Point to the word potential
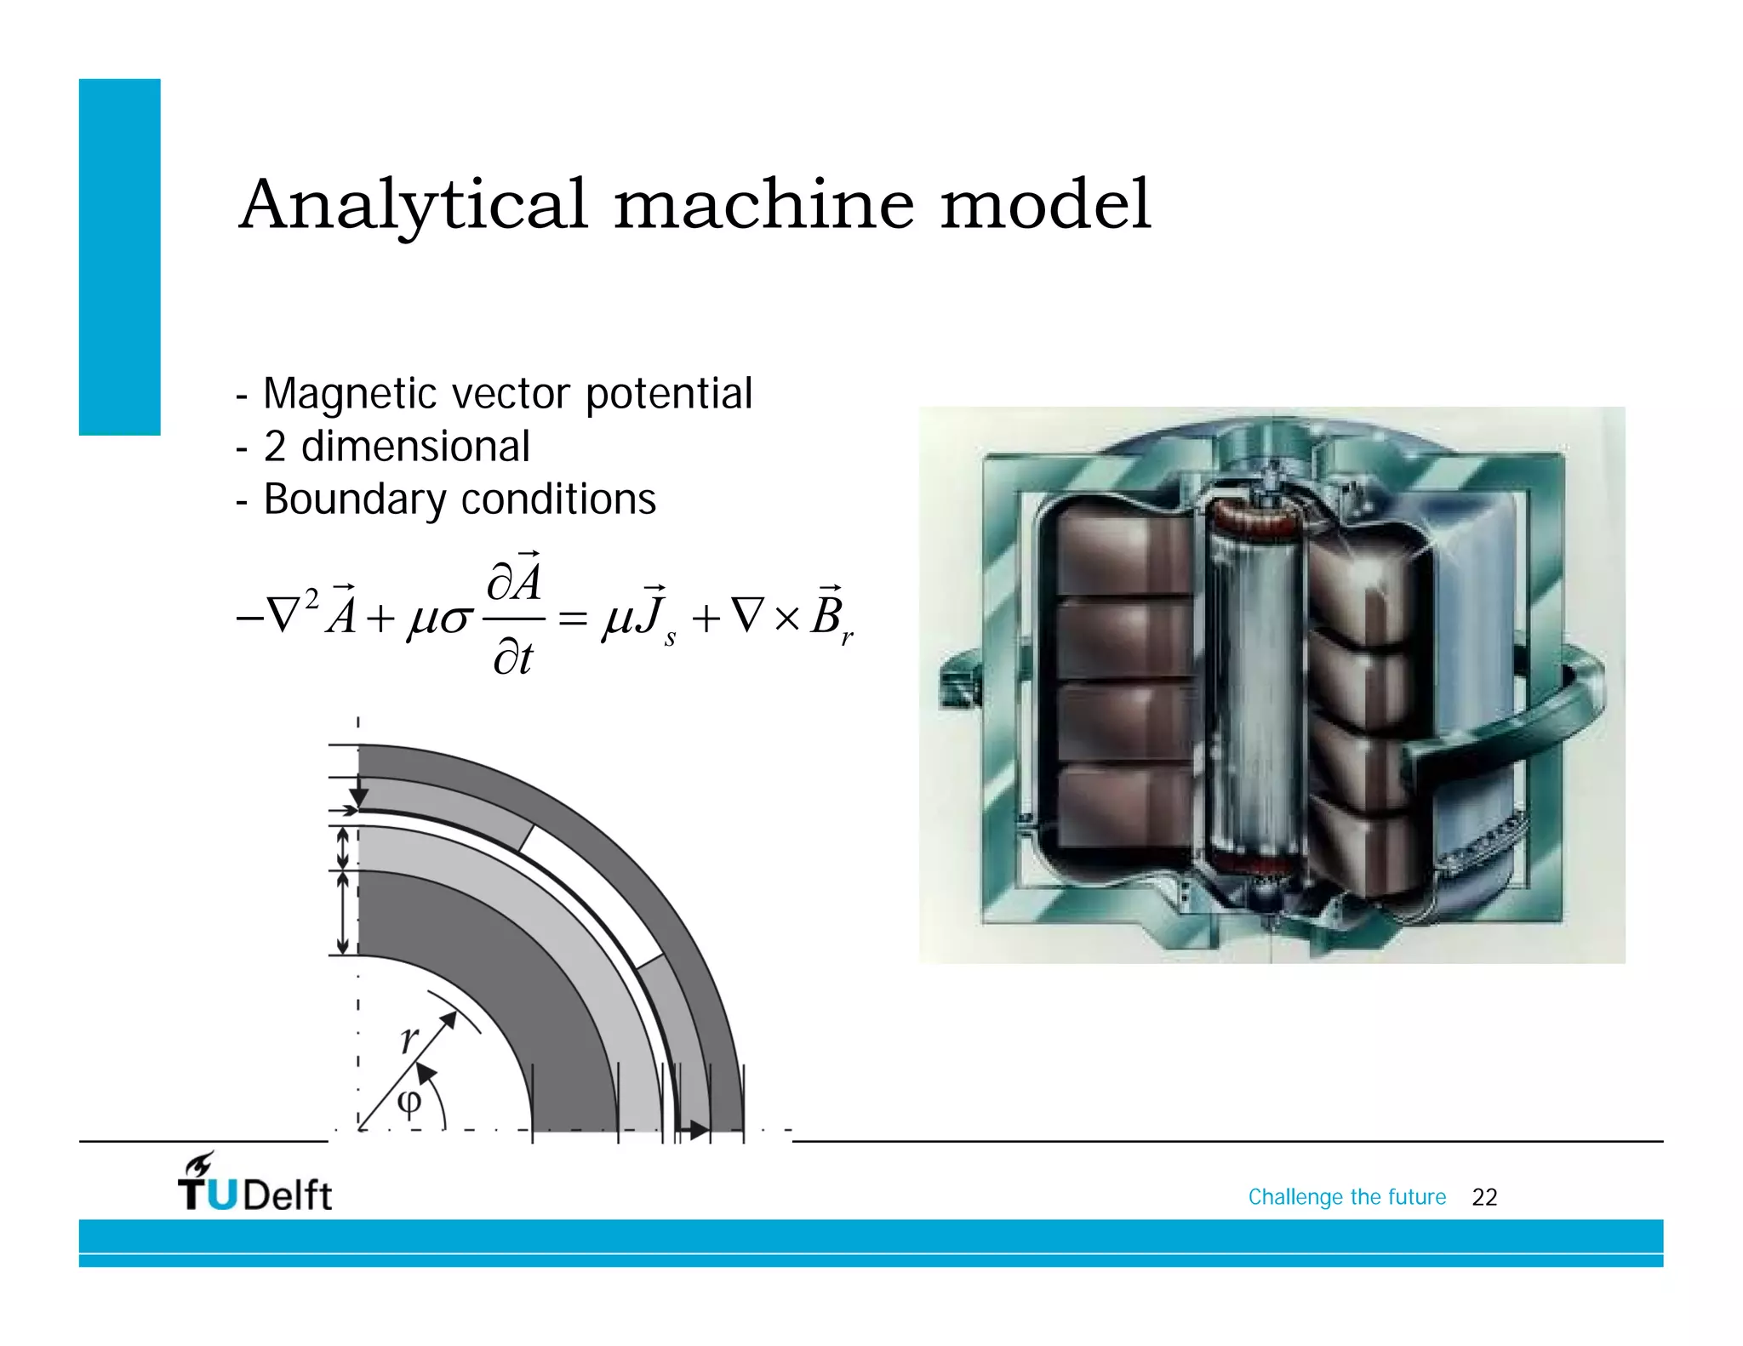(x=668, y=394)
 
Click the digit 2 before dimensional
(x=274, y=447)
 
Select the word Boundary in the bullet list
(x=354, y=499)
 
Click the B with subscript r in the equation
(x=830, y=615)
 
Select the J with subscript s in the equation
(x=656, y=615)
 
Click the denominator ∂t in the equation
(x=512, y=658)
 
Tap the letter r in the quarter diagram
(x=409, y=1037)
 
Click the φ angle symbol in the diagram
(x=409, y=1104)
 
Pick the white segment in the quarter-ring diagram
(x=591, y=893)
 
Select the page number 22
(x=1484, y=1197)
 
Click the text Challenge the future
(x=1346, y=1197)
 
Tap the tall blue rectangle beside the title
(x=120, y=257)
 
